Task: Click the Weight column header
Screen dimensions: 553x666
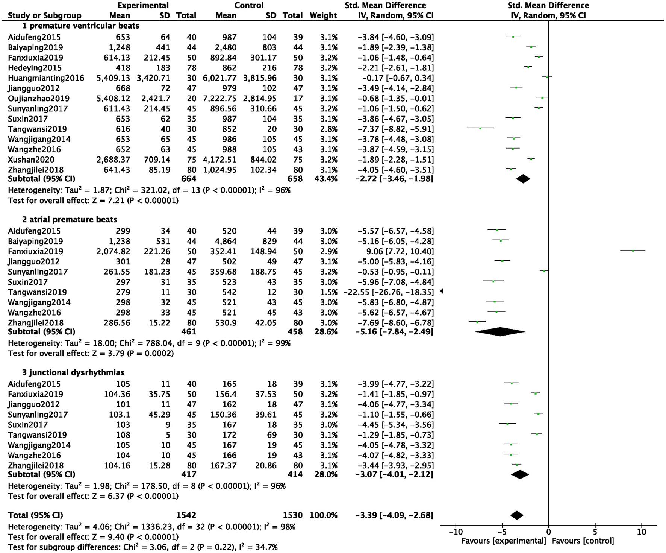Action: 323,15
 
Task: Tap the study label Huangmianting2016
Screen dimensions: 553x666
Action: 46,78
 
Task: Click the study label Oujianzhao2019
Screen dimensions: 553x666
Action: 39,99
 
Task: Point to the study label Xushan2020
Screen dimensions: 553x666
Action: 31,160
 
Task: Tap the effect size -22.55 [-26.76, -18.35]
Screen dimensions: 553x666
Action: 388,292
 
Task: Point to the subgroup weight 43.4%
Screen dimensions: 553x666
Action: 326,179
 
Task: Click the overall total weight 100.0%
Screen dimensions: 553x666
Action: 323,515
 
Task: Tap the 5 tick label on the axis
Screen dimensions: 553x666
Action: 595,532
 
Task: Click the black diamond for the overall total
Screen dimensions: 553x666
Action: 517,515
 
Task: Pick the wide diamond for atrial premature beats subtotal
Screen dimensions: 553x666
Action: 500,331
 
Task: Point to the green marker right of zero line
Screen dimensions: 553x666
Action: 633,251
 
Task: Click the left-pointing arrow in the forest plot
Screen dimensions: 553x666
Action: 442,291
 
